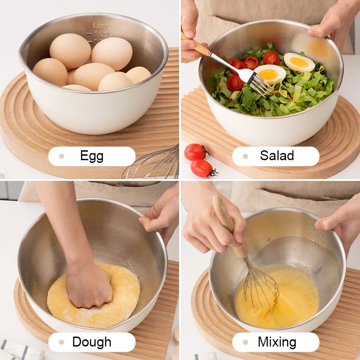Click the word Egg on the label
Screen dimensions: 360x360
tap(92, 156)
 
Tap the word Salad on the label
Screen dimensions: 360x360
tap(277, 156)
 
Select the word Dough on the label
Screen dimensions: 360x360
tap(92, 342)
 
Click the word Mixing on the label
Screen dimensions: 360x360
tap(277, 342)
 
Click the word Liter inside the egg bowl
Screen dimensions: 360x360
tap(100, 26)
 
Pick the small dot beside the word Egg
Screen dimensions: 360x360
tap(62, 157)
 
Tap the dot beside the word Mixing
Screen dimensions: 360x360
tap(245, 342)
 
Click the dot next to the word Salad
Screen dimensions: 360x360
tap(245, 157)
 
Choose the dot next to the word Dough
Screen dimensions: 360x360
tap(62, 342)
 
